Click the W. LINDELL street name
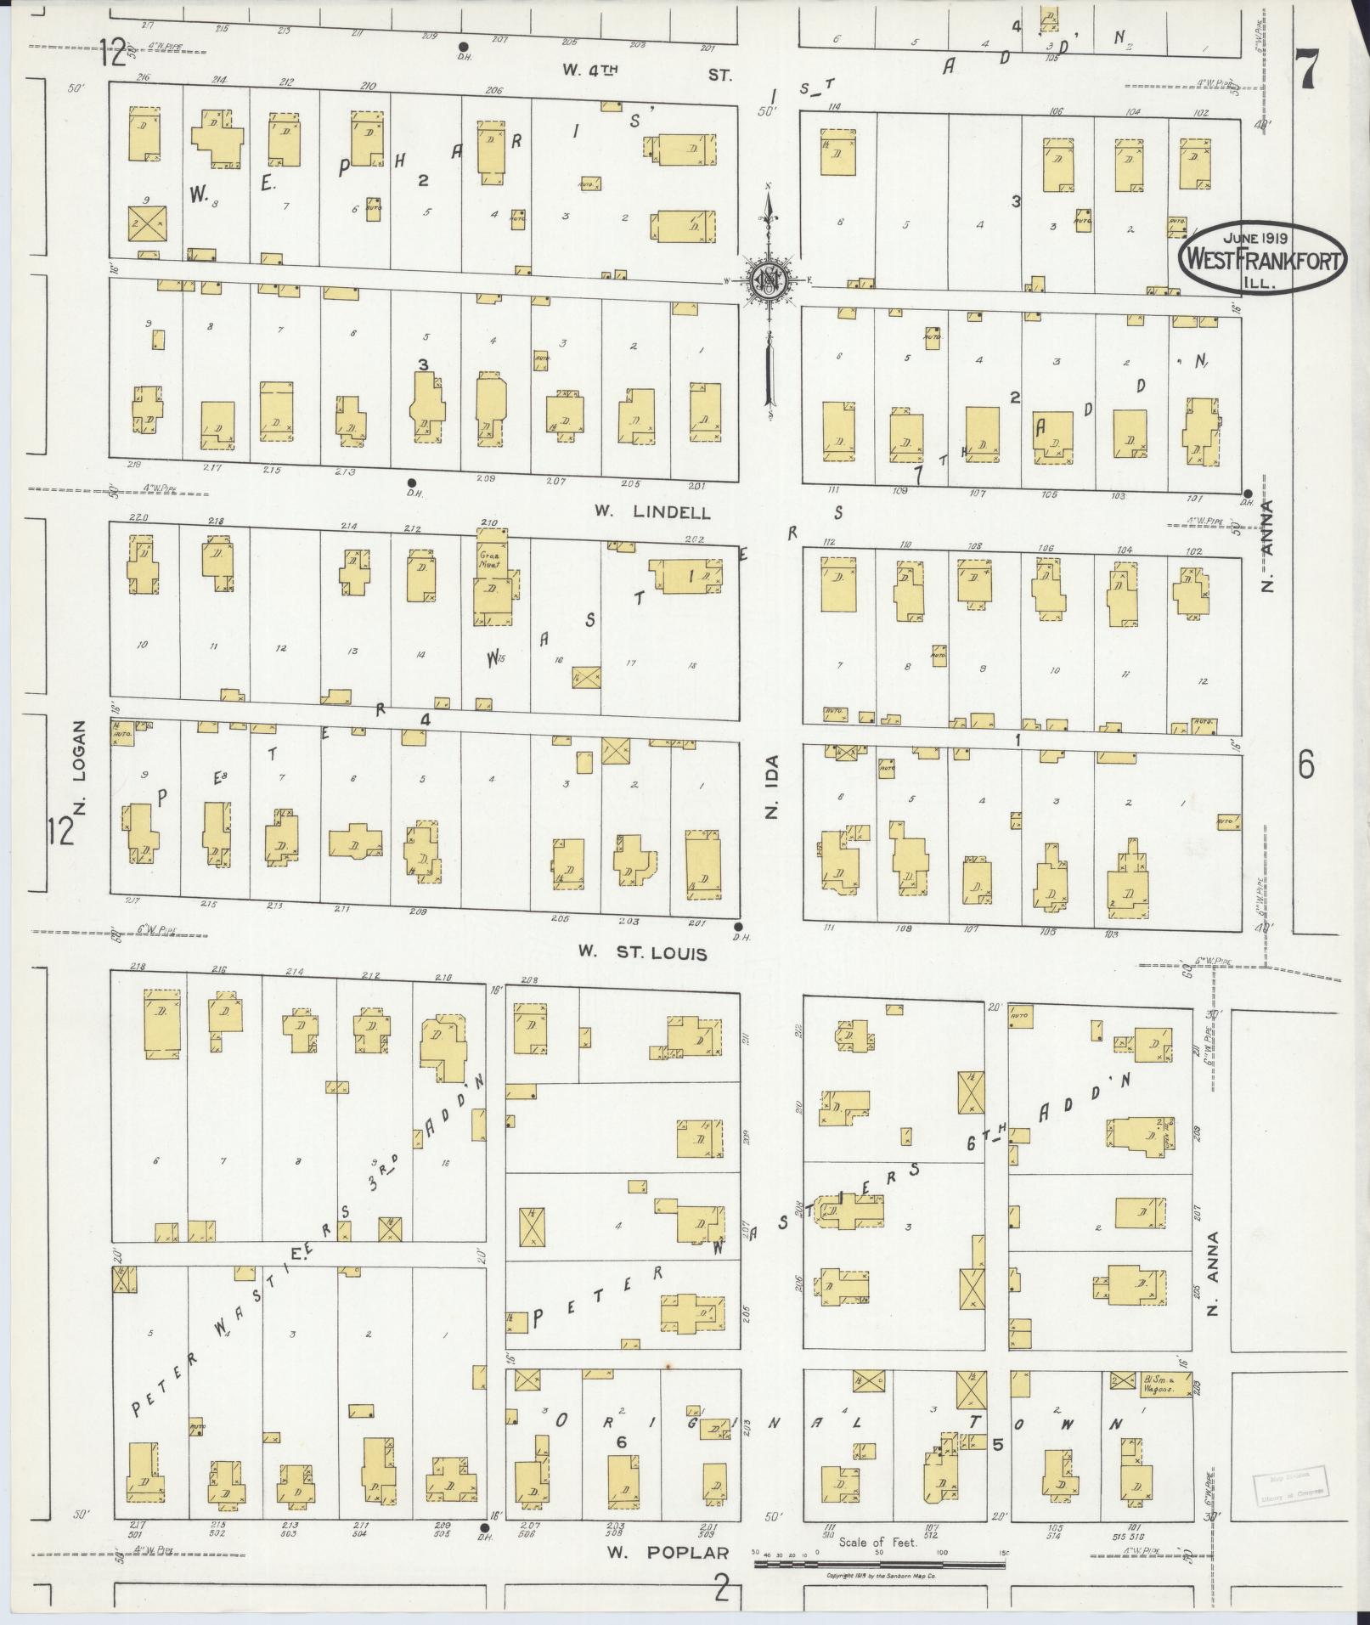pyautogui.click(x=651, y=512)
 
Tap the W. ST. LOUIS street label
pyautogui.click(x=642, y=952)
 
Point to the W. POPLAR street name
pyautogui.click(x=668, y=1553)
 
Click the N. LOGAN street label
pyautogui.click(x=82, y=770)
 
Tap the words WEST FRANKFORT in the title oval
pyautogui.click(x=1261, y=260)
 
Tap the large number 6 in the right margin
pyautogui.click(x=1305, y=765)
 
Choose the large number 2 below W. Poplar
pyautogui.click(x=722, y=1586)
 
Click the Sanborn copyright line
pyautogui.click(x=881, y=1576)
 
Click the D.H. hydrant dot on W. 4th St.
pyautogui.click(x=463, y=47)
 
